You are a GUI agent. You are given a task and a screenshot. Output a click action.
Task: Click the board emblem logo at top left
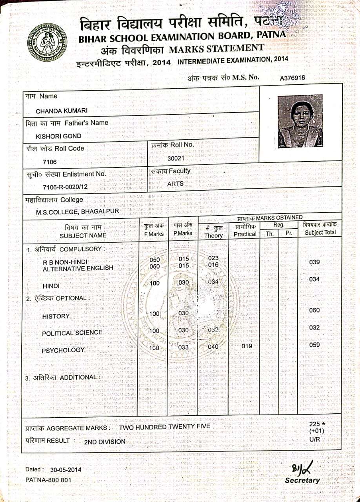[47, 43]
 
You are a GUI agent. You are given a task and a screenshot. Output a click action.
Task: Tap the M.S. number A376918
[292, 78]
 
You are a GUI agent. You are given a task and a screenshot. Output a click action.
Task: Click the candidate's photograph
[300, 121]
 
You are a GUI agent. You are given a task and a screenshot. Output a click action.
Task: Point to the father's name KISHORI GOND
[59, 136]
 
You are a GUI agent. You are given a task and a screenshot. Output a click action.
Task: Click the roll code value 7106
[50, 162]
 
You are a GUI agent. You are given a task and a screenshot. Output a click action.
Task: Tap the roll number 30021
[175, 158]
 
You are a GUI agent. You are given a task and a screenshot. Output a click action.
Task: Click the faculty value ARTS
[175, 183]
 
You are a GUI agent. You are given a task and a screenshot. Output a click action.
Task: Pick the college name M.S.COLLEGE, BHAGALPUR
[78, 212]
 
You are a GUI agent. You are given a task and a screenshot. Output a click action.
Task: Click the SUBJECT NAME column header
[83, 235]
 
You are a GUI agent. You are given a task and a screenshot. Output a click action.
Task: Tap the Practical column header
[245, 234]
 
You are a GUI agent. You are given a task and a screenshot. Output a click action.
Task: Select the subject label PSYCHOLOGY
[63, 350]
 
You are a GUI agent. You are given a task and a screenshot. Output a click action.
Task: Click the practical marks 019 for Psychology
[247, 346]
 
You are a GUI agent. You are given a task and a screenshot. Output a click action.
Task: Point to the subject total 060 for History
[315, 310]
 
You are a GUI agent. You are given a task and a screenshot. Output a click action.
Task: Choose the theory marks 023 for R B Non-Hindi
[213, 258]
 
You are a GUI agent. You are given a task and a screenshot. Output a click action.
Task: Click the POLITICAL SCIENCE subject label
[72, 333]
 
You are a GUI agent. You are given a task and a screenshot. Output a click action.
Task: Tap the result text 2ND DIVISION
[105, 442]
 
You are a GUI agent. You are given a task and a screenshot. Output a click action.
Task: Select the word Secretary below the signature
[302, 480]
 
